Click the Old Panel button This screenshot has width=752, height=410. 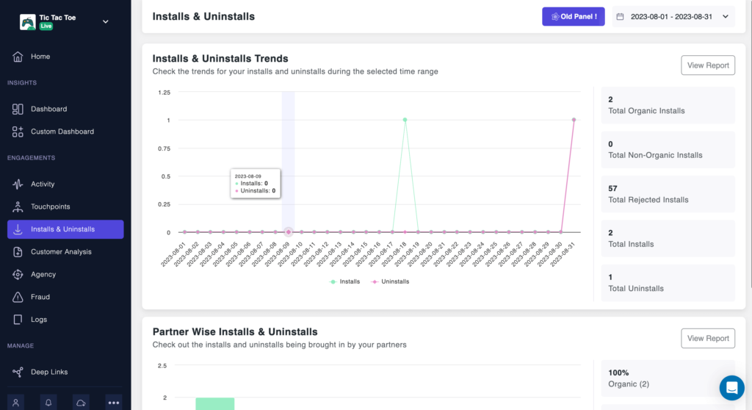(573, 16)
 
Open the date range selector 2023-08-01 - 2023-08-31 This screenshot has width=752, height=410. (673, 16)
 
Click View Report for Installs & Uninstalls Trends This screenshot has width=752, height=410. (708, 65)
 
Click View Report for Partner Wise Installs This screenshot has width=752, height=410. (708, 339)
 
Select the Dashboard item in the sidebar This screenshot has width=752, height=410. (48, 109)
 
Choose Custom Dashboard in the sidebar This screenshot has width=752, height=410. (62, 132)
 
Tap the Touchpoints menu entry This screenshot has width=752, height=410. (50, 206)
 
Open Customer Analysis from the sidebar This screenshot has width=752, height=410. (61, 252)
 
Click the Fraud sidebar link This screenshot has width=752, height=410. (40, 297)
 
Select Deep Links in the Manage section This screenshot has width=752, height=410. (48, 372)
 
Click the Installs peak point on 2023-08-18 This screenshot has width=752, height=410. (405, 120)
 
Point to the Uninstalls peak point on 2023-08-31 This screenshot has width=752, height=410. (574, 120)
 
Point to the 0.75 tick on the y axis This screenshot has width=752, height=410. (164, 148)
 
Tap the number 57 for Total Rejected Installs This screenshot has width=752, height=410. (613, 188)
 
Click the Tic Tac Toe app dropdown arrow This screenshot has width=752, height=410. (106, 21)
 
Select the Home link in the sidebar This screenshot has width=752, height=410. (40, 57)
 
